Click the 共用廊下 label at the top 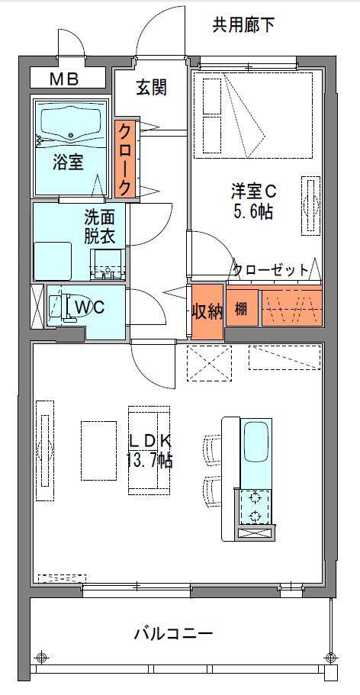click(243, 25)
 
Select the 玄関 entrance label click(151, 88)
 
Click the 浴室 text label click(68, 162)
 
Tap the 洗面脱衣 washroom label click(99, 226)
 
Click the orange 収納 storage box click(206, 312)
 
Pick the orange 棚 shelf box click(241, 310)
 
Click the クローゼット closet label click(271, 269)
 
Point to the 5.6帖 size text click(254, 211)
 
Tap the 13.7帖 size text click(149, 459)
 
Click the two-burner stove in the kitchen click(254, 507)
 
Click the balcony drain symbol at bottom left click(42, 658)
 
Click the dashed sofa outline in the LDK click(149, 450)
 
